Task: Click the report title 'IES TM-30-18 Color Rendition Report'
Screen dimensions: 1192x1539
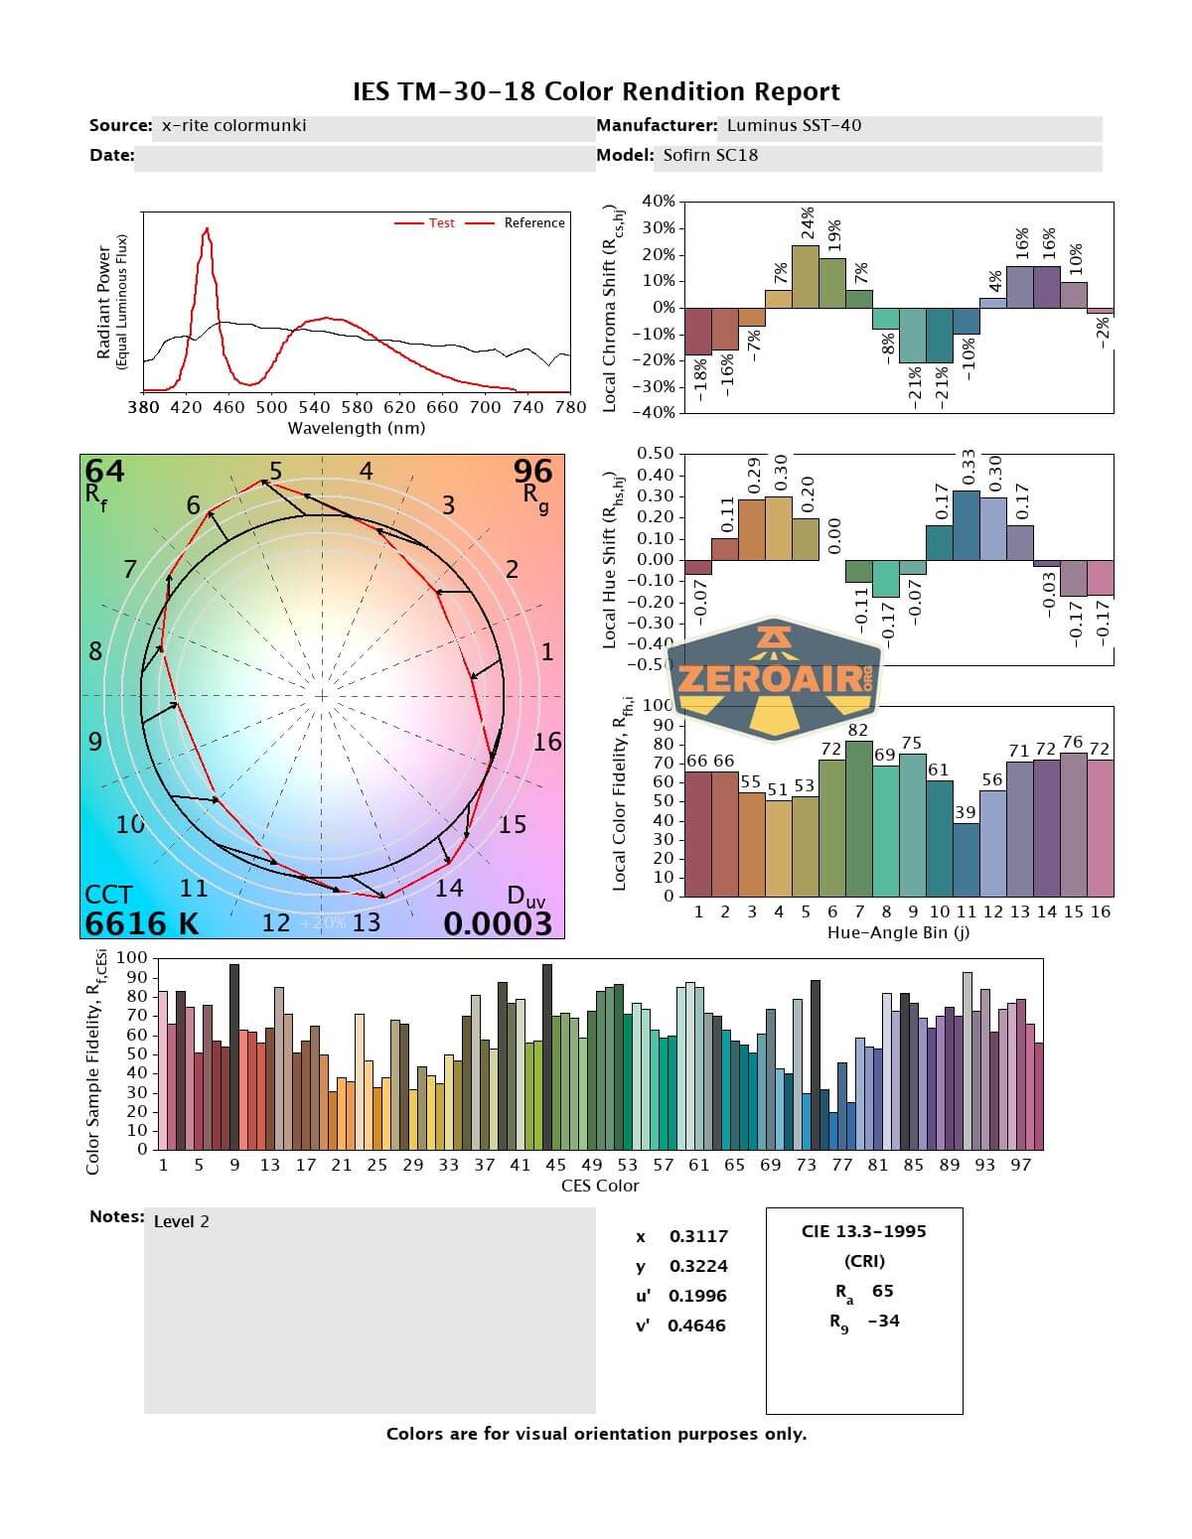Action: (596, 91)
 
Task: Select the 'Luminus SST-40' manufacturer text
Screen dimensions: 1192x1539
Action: (794, 125)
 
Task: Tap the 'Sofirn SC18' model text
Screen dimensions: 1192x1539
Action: (710, 155)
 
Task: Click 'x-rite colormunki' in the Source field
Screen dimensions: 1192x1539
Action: (233, 125)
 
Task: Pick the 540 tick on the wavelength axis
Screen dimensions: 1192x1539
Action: (314, 407)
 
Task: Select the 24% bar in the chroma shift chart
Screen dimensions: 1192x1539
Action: (806, 276)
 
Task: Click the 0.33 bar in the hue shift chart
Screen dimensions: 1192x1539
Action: (967, 525)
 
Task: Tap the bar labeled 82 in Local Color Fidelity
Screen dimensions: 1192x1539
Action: (858, 818)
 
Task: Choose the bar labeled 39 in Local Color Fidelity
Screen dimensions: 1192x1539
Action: (967, 859)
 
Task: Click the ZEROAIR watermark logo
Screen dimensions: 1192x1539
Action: (774, 678)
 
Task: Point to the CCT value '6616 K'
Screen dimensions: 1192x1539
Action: (142, 923)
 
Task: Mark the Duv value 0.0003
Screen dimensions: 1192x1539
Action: (498, 923)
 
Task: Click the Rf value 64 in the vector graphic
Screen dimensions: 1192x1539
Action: (104, 471)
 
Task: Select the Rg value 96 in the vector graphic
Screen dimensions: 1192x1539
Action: (532, 471)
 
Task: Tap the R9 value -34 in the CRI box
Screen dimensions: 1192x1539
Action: (883, 1321)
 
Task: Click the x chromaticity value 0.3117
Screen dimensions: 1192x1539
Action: (698, 1236)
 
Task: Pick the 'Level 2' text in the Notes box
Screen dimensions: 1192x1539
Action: (182, 1221)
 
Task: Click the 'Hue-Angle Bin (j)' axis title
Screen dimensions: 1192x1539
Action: (898, 932)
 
